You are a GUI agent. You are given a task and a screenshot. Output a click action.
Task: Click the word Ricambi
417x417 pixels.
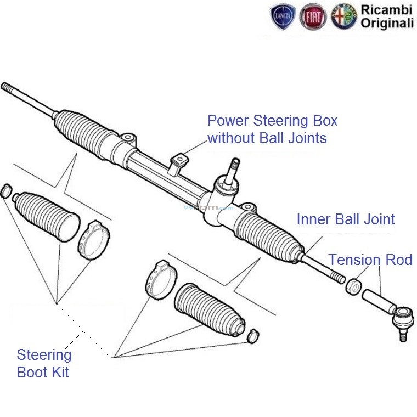[x=387, y=9]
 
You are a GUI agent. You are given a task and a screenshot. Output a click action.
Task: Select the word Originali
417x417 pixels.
[x=388, y=24]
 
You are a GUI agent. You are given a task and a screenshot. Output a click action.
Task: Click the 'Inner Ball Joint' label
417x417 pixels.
[x=346, y=219]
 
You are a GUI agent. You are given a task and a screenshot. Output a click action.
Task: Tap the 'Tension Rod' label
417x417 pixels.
[x=370, y=260]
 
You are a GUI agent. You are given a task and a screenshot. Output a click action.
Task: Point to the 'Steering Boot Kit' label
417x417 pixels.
[x=43, y=363]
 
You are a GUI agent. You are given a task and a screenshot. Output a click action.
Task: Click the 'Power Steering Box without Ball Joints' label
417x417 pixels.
[x=272, y=129]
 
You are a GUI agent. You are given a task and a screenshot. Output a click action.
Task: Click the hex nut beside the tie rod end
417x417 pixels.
[x=353, y=286]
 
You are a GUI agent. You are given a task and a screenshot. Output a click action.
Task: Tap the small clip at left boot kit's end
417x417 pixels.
[x=5, y=190]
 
